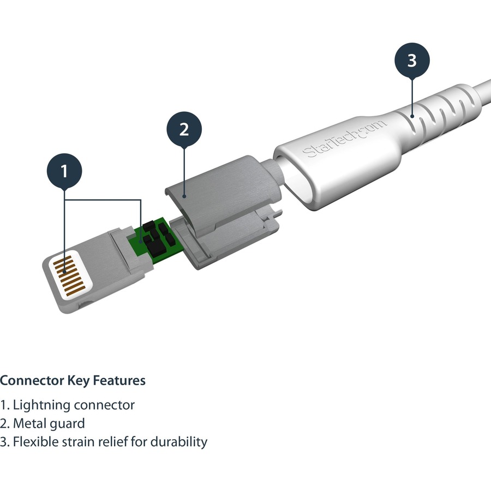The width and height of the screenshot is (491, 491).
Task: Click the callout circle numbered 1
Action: point(64,171)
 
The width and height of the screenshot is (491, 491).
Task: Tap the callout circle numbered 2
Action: point(184,129)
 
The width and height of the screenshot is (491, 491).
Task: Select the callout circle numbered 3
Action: point(412,61)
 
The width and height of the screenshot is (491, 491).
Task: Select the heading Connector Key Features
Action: point(73,380)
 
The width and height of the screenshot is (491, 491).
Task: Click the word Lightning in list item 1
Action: point(41,405)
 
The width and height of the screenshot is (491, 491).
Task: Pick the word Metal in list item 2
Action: point(29,423)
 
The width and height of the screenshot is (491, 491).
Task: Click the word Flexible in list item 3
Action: point(36,441)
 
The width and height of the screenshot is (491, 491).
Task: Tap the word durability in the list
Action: point(178,441)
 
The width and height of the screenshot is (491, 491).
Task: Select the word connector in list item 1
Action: point(104,405)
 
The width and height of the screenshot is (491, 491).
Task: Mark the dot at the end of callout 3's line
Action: point(412,115)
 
